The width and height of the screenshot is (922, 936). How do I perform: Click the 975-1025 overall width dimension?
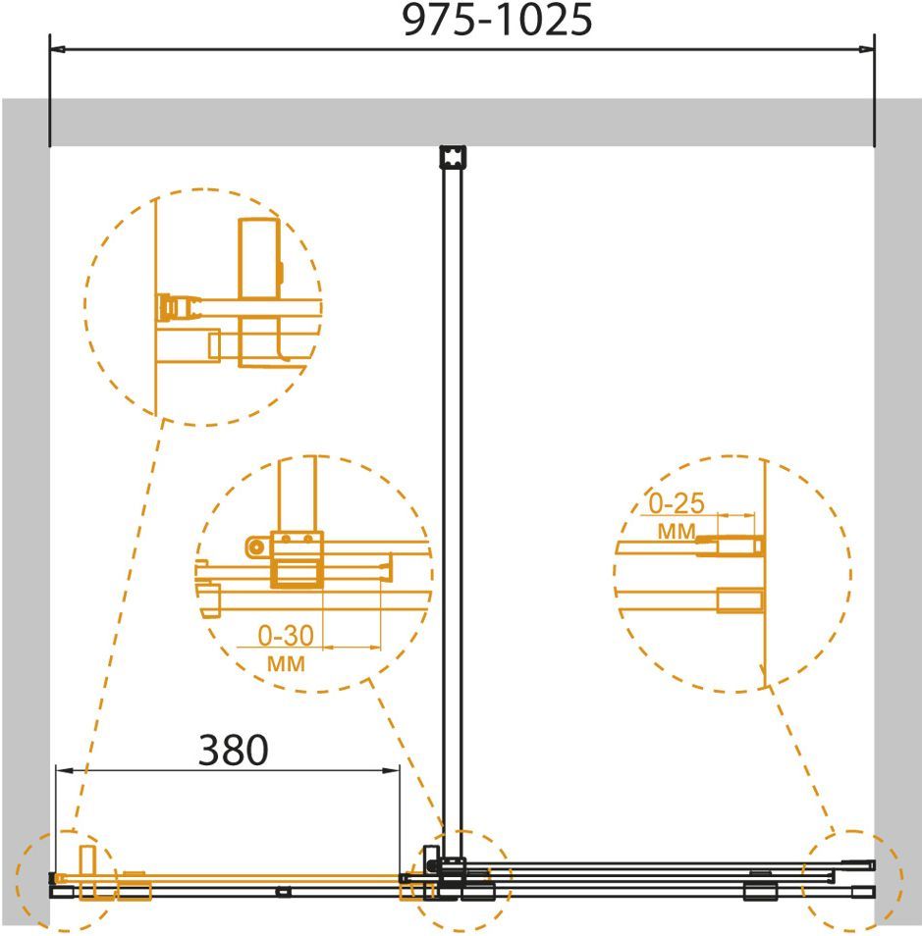(498, 19)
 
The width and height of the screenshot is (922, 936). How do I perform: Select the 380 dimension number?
(233, 750)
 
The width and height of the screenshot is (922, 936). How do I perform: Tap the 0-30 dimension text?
(286, 636)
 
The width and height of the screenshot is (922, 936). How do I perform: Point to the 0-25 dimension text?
(677, 504)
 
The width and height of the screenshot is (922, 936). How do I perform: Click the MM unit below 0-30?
(286, 664)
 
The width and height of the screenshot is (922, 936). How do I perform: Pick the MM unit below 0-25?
(677, 531)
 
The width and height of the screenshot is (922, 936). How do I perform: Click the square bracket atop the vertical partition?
(453, 158)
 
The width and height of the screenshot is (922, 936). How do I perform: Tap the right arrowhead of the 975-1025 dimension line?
(866, 49)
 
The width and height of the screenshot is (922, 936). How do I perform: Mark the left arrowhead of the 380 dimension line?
(64, 770)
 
